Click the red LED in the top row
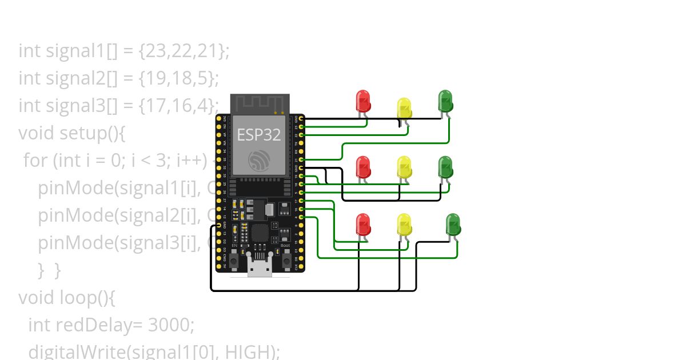(x=362, y=101)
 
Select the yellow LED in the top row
(x=404, y=109)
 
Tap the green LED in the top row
(x=445, y=101)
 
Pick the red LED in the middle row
(x=362, y=167)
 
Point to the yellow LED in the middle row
(x=404, y=167)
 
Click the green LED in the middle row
(x=445, y=167)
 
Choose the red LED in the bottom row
(x=362, y=225)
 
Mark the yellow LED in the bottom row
(x=404, y=225)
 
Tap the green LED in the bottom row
(x=453, y=225)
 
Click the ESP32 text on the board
(x=259, y=135)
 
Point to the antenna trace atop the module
(x=260, y=103)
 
